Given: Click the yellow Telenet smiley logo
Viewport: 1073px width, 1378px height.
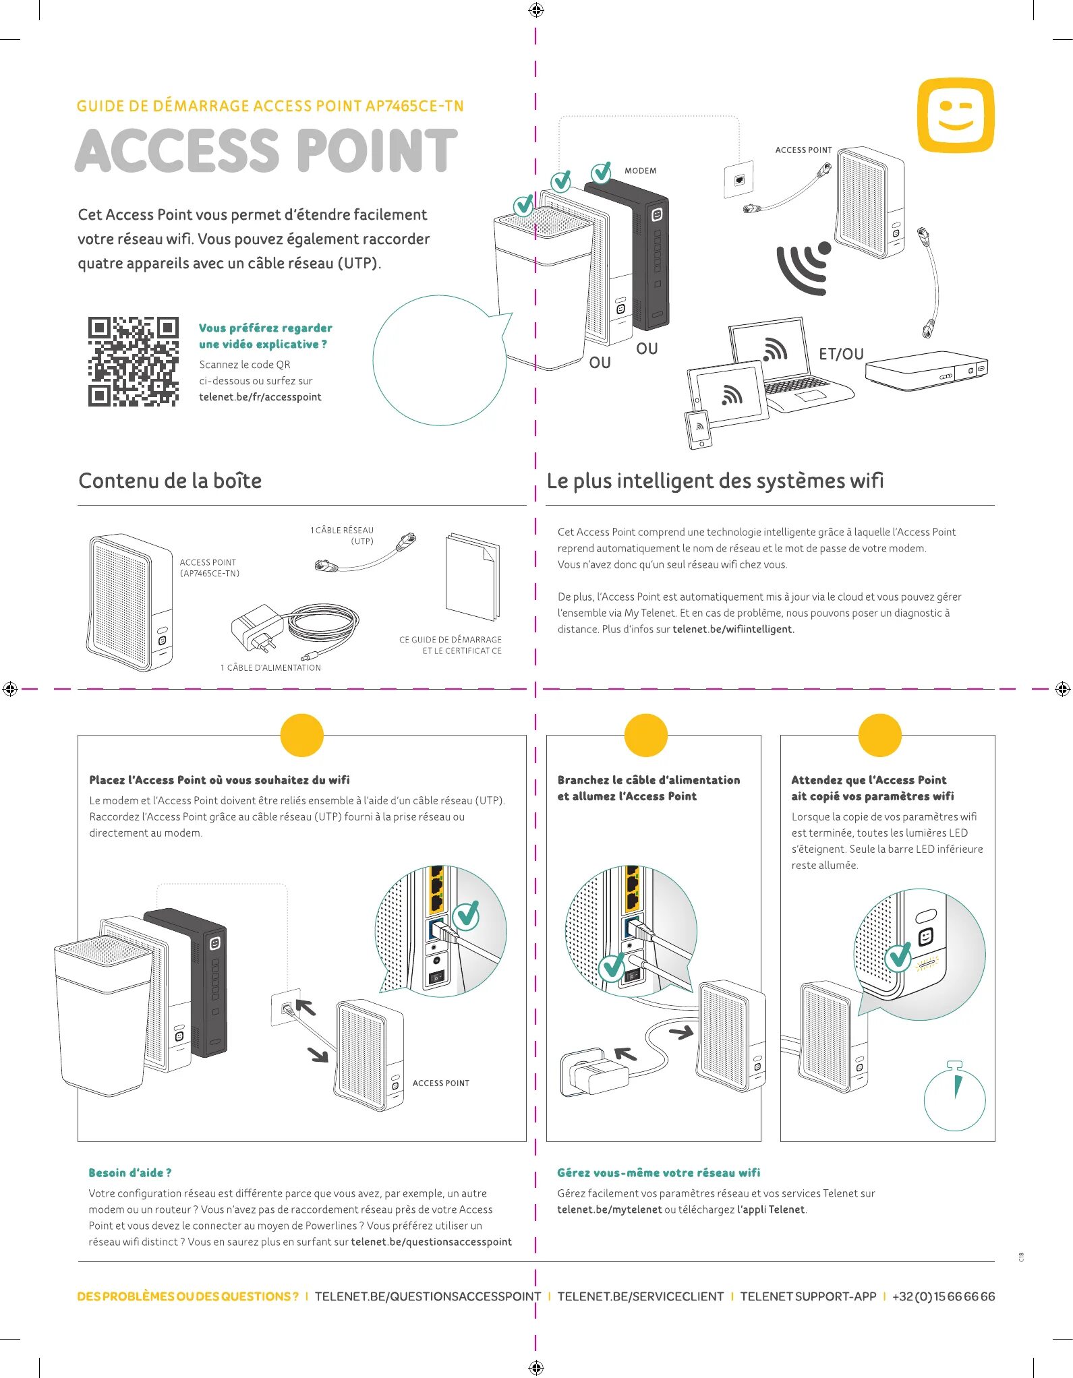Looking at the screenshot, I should pyautogui.click(x=956, y=115).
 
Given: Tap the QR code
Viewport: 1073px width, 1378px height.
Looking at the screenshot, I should pyautogui.click(x=134, y=361).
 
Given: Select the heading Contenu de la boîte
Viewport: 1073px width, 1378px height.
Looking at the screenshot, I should pyautogui.click(x=170, y=481).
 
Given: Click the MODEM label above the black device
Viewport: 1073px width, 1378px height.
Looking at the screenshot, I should pyautogui.click(x=640, y=171).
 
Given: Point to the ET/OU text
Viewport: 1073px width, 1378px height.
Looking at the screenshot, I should pyautogui.click(x=840, y=354).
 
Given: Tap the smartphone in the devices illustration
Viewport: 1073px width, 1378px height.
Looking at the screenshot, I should pyautogui.click(x=699, y=429).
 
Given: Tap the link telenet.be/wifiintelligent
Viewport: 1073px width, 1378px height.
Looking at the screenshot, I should pyautogui.click(x=733, y=629).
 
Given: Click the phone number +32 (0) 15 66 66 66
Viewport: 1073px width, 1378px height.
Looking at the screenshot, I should pyautogui.click(x=943, y=1296).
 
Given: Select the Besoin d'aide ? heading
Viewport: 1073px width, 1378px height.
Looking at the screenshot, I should pyautogui.click(x=130, y=1173).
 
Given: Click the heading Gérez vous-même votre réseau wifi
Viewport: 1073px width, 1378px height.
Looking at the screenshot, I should pyautogui.click(x=658, y=1173).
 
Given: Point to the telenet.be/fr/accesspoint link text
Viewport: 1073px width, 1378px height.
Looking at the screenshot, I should pyautogui.click(x=260, y=397).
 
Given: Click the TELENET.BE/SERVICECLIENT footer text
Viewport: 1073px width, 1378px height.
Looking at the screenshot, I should pyautogui.click(x=640, y=1296).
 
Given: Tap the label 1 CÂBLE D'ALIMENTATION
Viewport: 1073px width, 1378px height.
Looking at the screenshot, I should pyautogui.click(x=270, y=667).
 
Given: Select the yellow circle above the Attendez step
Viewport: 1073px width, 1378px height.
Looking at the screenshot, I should pyautogui.click(x=879, y=735).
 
